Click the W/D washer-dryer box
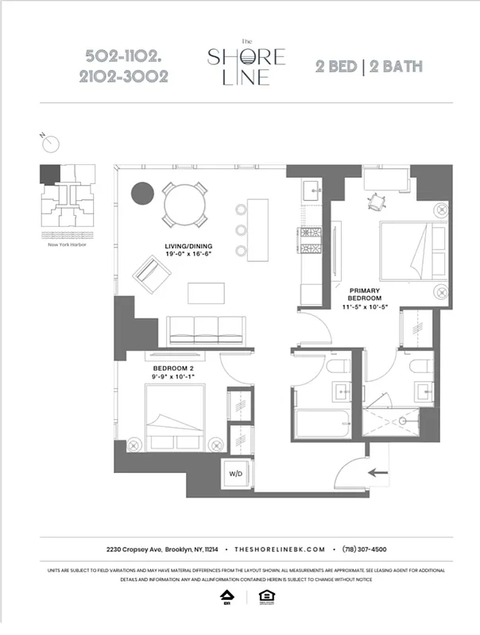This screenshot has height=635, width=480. coord(236,473)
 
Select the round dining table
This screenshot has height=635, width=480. coord(187,204)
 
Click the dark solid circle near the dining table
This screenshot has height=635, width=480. coord(141,193)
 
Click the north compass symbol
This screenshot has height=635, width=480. coord(51,143)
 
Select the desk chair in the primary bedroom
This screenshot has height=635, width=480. coord(374,201)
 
